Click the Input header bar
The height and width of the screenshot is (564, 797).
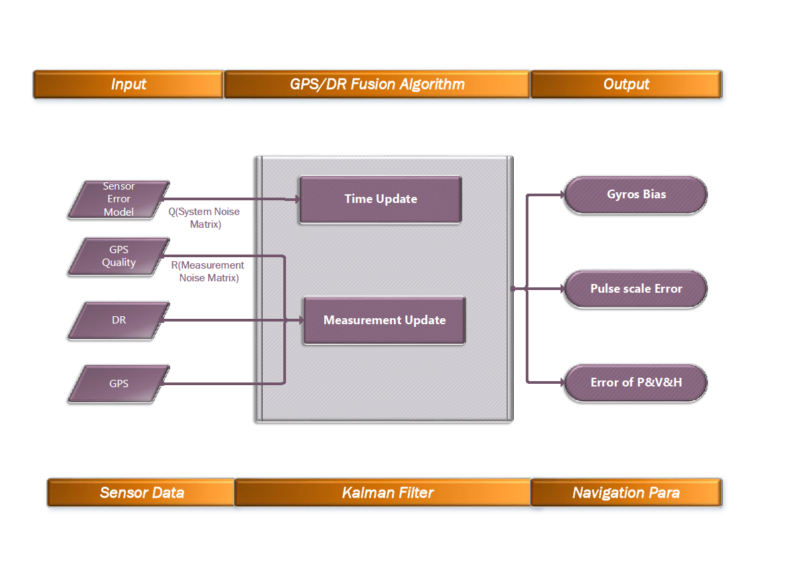[128, 84]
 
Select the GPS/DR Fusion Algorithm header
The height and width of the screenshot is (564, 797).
[377, 84]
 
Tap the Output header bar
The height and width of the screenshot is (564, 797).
[626, 84]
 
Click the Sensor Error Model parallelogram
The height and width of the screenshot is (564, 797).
[119, 199]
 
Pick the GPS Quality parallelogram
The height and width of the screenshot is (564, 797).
[119, 257]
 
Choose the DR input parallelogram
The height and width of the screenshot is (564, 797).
[119, 320]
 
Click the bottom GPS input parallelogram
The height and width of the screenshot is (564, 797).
[119, 384]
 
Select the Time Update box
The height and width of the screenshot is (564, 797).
[380, 199]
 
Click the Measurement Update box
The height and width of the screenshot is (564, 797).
[384, 320]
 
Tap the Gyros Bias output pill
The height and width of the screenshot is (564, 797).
[636, 195]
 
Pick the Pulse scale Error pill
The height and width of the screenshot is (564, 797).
[636, 289]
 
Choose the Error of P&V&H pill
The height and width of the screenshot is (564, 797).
[636, 382]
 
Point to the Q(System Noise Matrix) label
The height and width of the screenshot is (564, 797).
[204, 218]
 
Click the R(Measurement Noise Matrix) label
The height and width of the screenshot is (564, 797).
[208, 271]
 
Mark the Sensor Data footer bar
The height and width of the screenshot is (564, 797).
[141, 493]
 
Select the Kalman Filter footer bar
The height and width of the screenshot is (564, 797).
[382, 493]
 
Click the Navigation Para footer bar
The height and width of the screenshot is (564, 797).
[626, 493]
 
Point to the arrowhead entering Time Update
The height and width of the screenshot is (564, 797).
[294, 199]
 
